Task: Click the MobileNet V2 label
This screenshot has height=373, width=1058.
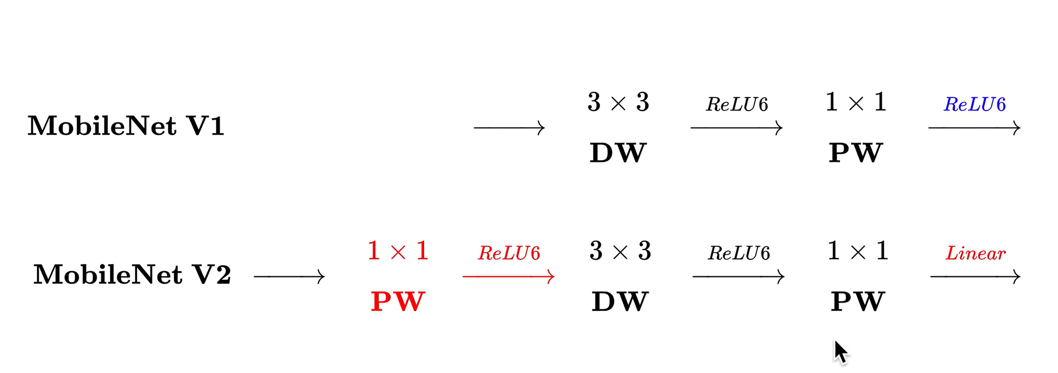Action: coord(132,274)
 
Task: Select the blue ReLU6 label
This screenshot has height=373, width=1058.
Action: coord(975,105)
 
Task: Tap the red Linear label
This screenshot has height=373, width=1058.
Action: coord(975,253)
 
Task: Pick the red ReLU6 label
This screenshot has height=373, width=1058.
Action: coord(509,253)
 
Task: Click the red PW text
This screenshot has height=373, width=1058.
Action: coord(398,302)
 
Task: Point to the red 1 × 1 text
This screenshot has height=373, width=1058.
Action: coord(398,251)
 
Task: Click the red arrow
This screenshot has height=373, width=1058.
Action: coord(508,277)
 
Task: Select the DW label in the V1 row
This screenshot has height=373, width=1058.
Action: coord(618,153)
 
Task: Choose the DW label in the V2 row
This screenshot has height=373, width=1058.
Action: coord(620,302)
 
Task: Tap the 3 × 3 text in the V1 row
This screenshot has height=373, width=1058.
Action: coord(618,102)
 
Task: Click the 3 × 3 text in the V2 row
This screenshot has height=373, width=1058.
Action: coord(620,251)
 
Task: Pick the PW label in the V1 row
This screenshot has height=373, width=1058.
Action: coord(856,153)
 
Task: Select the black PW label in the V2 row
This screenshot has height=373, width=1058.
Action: coord(857,302)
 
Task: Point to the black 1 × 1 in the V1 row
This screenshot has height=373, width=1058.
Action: coord(856,102)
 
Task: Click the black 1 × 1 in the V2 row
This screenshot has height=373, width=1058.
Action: coord(858,251)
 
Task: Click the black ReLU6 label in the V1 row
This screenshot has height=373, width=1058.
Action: coord(737,105)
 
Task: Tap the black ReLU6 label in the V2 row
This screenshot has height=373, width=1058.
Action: coord(738,253)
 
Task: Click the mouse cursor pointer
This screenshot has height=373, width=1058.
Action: coord(840,352)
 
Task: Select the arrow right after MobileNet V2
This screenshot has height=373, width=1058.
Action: coord(289,277)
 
